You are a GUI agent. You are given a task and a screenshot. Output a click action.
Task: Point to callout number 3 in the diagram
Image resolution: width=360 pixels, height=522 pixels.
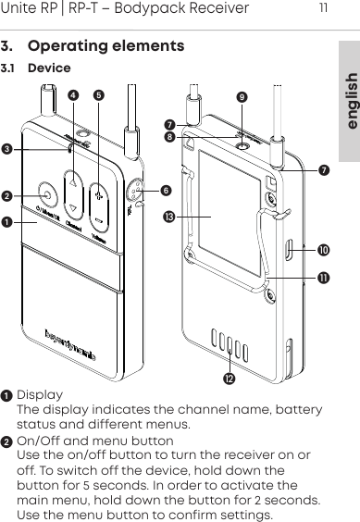point(9,148)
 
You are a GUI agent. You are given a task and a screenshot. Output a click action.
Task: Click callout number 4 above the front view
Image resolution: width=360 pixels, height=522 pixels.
point(74,93)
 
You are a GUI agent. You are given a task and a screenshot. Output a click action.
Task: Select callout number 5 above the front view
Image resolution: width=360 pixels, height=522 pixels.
point(99,93)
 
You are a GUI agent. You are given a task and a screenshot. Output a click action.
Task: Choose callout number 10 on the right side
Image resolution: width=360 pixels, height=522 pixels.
point(323,251)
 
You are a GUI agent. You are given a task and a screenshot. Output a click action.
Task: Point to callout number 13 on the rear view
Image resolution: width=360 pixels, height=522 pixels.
point(169,217)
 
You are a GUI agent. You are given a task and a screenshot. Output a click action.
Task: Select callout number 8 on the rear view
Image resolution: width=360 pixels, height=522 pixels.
point(169,137)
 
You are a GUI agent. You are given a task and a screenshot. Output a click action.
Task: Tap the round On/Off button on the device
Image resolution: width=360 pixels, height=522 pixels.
point(45,195)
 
